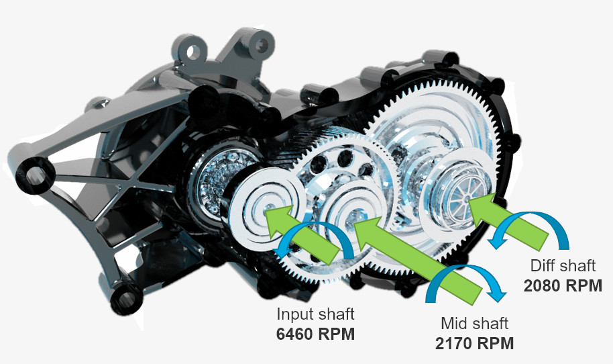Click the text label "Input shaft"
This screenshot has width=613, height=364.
[315, 314]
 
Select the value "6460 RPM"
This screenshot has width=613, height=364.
[315, 334]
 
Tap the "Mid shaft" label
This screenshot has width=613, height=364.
[474, 324]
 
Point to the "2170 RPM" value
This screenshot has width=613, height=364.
[474, 344]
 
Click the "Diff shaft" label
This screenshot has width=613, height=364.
[563, 266]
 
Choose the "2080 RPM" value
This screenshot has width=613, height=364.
[563, 285]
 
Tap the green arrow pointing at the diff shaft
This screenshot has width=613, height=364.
[507, 222]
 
